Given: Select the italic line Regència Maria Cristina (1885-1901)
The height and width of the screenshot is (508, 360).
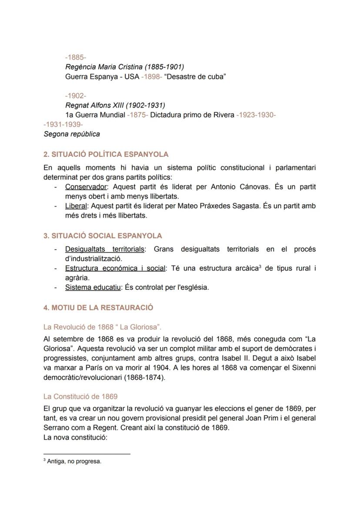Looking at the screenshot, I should (124, 67).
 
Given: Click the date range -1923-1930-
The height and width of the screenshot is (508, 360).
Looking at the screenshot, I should (256, 115).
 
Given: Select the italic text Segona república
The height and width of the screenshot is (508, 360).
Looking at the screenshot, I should (72, 134).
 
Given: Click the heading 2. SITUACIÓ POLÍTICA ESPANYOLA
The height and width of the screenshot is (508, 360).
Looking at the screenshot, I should (106, 154).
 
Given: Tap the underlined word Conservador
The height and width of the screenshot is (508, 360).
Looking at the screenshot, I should (86, 187).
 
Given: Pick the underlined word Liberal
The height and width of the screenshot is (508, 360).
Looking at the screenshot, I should (76, 206).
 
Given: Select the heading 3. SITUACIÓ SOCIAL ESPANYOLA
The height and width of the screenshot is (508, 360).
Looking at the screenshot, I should (103, 236).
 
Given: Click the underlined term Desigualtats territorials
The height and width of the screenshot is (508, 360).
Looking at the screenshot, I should (105, 249).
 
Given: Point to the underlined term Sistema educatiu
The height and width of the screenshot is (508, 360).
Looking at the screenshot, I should (93, 287).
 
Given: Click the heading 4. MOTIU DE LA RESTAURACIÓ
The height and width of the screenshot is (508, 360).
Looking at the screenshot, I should (98, 308).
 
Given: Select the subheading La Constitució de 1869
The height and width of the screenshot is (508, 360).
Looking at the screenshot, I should (80, 397).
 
